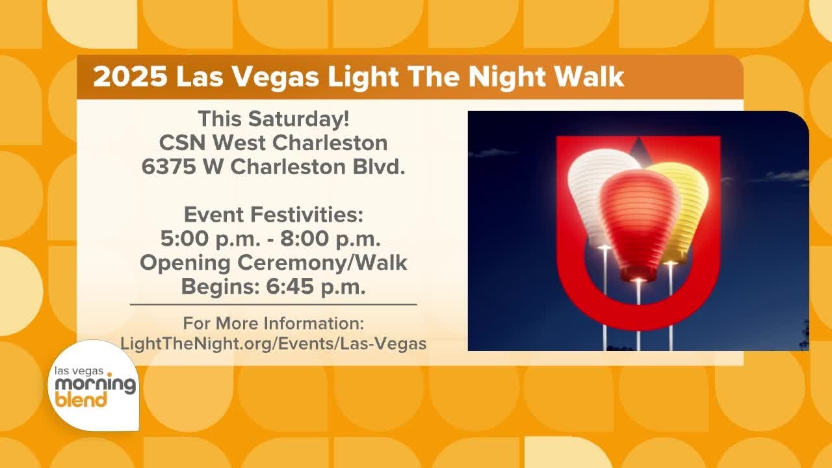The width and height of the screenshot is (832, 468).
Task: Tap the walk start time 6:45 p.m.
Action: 317,286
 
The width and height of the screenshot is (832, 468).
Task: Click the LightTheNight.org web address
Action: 273,344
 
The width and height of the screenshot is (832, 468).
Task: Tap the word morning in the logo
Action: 95,384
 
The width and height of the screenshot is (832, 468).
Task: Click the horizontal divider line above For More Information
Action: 273,304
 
